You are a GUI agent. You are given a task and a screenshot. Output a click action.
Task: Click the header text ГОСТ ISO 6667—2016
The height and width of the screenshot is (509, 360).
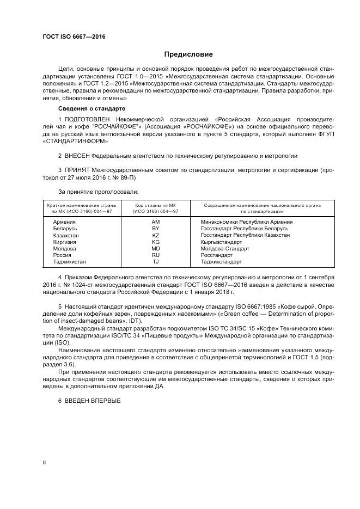click(74, 37)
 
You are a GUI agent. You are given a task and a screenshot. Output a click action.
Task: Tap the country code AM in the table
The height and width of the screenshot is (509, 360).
click(155, 222)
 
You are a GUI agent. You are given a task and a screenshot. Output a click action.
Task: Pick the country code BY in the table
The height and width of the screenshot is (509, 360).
click(155, 229)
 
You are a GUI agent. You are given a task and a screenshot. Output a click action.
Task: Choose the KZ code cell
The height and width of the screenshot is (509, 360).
click(155, 235)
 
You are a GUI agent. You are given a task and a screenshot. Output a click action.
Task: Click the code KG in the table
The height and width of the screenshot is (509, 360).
click(155, 242)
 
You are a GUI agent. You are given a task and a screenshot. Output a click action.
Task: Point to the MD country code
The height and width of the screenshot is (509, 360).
click(155, 248)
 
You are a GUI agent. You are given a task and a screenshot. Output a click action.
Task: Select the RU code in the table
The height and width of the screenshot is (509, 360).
click(155, 255)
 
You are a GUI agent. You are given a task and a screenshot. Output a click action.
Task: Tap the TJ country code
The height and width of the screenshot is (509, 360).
click(155, 261)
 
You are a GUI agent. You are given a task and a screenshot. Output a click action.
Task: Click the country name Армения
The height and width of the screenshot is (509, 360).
click(64, 222)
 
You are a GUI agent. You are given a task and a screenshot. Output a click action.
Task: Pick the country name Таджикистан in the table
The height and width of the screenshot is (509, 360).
click(69, 261)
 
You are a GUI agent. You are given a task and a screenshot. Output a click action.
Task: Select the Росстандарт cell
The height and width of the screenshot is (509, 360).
click(216, 255)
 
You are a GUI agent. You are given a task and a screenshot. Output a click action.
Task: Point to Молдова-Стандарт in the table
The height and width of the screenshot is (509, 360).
click(224, 248)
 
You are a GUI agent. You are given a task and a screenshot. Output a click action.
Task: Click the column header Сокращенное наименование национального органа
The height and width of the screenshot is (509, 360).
click(262, 205)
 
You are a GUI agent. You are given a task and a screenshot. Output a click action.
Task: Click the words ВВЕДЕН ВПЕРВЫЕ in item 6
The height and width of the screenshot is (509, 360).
click(93, 401)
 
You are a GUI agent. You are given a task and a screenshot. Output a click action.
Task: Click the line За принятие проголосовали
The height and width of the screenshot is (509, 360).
click(98, 192)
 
